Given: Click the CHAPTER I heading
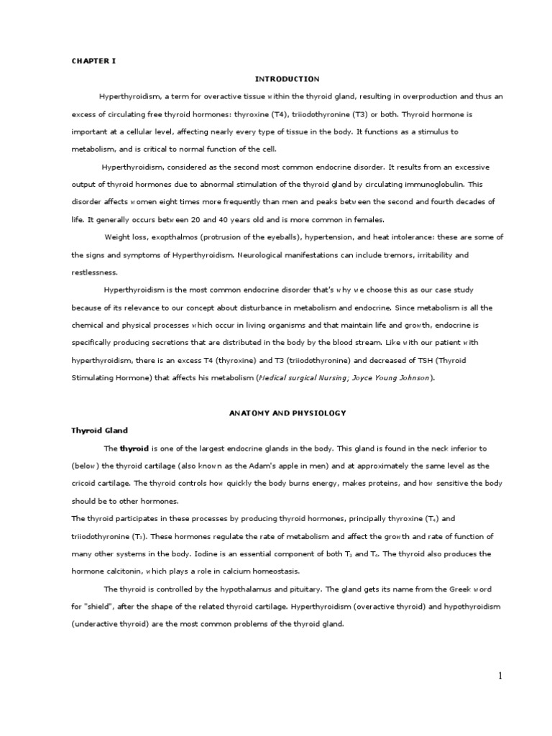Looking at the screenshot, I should click(93, 61).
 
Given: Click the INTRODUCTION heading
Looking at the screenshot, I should click(287, 78).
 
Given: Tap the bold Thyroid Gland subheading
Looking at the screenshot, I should click(99, 430).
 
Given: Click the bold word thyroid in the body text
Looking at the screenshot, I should click(134, 448).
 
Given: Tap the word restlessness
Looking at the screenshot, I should click(95, 272).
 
